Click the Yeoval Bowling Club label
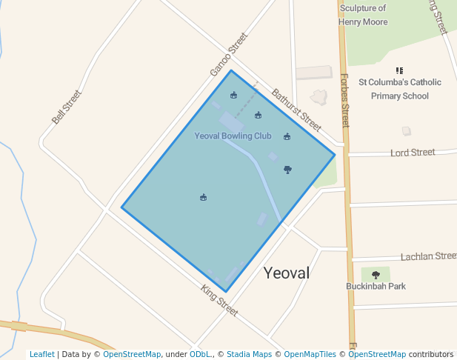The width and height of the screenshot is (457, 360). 233,136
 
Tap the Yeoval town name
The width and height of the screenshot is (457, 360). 287,273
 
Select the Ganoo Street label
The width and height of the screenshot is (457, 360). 227,54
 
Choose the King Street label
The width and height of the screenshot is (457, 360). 219,301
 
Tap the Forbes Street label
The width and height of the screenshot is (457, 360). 344,100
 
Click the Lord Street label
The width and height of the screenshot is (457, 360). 413,153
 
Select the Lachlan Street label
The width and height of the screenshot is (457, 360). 428,256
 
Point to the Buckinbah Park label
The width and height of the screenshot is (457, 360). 376,286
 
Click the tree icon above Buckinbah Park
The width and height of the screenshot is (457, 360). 376,275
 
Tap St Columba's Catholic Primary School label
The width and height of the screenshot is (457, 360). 399,89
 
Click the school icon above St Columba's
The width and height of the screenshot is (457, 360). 400,70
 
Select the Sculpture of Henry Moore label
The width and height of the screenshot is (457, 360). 363,15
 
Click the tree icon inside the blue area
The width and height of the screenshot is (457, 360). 287,170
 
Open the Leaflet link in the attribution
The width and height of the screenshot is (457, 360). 41,354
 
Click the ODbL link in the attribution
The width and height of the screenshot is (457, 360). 200,354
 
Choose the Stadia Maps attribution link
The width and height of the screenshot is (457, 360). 249,354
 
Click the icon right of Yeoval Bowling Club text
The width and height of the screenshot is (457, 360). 287,136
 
